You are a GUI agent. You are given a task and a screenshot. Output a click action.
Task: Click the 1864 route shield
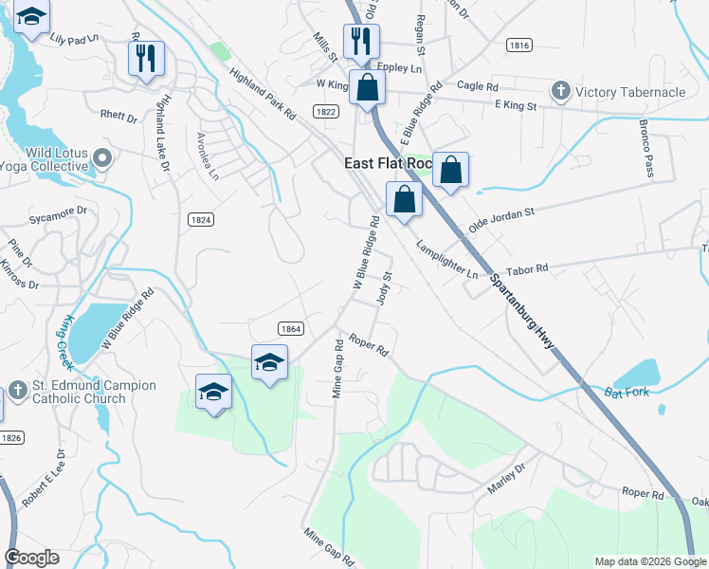tap(291, 328)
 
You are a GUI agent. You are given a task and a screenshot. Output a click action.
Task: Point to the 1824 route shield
tap(201, 219)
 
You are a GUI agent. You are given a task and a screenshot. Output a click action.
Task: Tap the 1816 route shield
tap(518, 45)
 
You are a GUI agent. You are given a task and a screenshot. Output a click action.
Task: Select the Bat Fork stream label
tap(627, 391)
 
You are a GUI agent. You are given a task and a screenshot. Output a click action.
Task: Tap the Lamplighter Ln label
tap(446, 260)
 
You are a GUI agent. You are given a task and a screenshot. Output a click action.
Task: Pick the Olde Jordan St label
tap(501, 217)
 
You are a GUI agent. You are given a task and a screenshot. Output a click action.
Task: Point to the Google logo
tap(32, 558)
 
